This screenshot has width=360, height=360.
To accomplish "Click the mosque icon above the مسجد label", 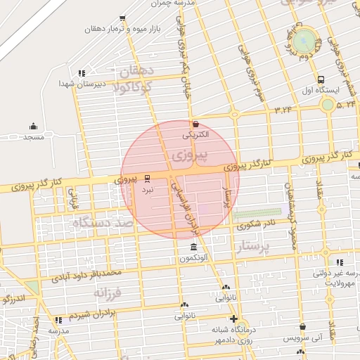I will click(33, 127).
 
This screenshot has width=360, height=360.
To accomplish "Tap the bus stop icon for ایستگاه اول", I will click(321, 79).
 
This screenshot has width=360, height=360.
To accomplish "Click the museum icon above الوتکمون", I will click(194, 247).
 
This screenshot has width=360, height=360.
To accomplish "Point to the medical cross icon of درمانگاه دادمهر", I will click(233, 319).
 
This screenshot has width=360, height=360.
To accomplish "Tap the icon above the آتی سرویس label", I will click(302, 327).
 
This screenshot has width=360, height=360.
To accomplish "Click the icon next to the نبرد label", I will click(147, 179).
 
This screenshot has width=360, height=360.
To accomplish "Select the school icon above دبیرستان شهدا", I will click(82, 72).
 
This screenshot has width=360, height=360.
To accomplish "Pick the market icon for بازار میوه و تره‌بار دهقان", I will click(123, 18).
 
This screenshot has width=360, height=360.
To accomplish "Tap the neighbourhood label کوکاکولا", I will click(136, 87).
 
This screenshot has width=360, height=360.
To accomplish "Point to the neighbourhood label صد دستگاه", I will click(102, 223).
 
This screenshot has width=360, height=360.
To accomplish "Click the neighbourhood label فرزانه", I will click(108, 290).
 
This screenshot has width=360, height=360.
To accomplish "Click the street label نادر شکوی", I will click(257, 224).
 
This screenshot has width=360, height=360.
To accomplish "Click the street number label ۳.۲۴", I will click(283, 109).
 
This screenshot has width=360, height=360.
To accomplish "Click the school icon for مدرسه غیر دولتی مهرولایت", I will click(340, 262).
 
